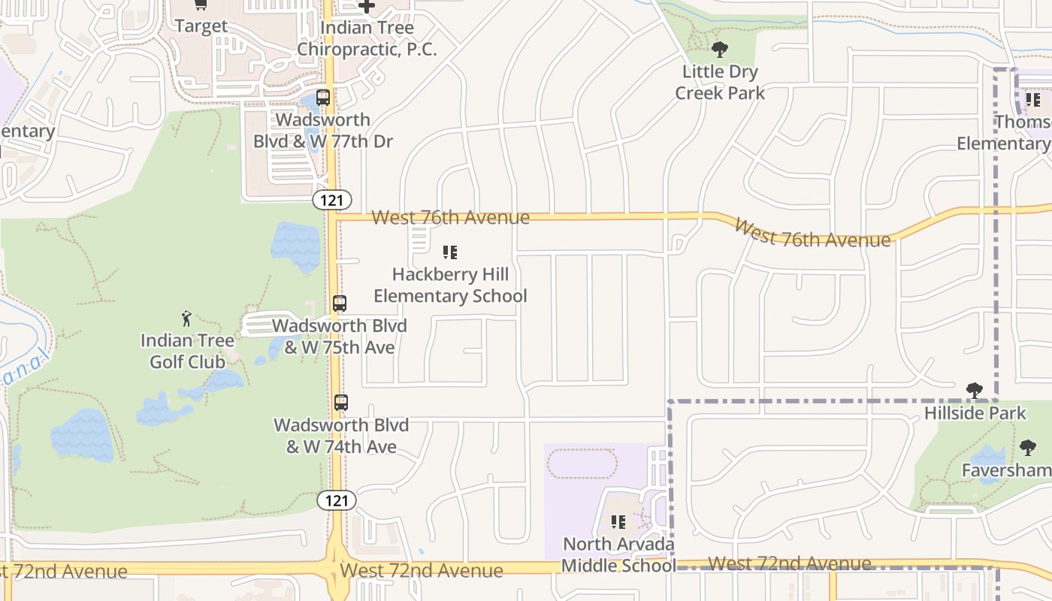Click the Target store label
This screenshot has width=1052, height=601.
pos(201,26)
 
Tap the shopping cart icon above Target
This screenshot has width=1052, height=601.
pos(201,5)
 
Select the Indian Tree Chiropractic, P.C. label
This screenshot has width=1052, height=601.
pos(367,38)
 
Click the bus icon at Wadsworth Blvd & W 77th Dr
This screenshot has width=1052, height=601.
pos(322,98)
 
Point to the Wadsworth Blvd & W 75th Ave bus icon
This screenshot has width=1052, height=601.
pos(340,304)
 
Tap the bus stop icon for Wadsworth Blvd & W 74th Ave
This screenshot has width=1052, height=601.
pos(341,403)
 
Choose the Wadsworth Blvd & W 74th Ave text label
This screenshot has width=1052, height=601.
pos(341,436)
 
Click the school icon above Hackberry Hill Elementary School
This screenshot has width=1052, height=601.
pos(450,252)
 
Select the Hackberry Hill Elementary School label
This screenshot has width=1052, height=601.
pos(450,285)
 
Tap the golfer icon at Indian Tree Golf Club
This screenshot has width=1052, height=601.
pos(187,319)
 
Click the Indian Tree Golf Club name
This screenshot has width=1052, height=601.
pos(187,351)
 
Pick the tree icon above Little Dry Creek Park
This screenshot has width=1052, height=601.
pos(720,50)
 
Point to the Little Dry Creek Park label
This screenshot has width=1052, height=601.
pos(720,83)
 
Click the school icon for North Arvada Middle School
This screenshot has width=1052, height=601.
pos(618,521)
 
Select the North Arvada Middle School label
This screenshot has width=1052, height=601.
pos(618,554)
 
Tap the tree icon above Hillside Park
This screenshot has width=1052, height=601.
pos(975,391)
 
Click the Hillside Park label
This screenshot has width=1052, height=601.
pos(975,413)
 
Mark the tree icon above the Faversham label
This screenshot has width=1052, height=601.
pos(1028,448)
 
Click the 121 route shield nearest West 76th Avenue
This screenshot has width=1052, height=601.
pos(332,199)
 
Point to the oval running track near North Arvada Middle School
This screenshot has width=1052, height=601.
pos(582,464)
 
